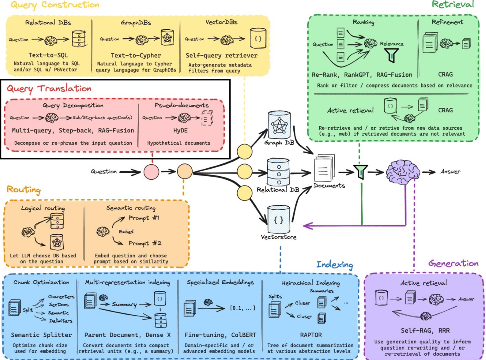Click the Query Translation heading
tap(49, 89)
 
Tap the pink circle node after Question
tap(151, 172)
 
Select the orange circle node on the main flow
tap(185, 171)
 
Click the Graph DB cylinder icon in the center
tap(279, 125)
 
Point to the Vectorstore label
tap(279, 237)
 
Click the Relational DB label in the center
tap(278, 190)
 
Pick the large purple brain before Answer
tap(403, 172)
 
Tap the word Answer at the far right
tap(450, 172)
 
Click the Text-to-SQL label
tap(48, 55)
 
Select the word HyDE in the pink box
tap(180, 130)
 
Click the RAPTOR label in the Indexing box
tap(311, 335)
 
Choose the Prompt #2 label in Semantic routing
tap(145, 243)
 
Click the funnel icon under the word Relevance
tap(391, 56)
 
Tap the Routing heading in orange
tap(24, 189)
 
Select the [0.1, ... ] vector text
tap(243, 308)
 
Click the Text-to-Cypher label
tap(136, 55)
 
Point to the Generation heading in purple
tap(453, 263)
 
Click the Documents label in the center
tap(329, 186)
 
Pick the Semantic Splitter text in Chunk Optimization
tap(41, 335)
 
